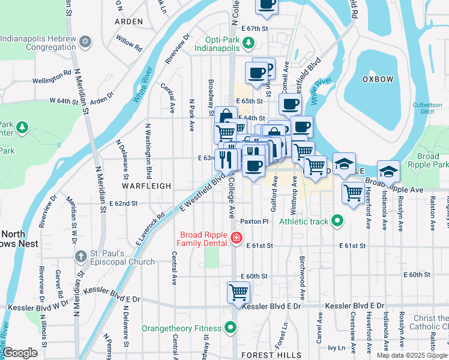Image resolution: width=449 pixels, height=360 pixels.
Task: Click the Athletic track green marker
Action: [337, 221]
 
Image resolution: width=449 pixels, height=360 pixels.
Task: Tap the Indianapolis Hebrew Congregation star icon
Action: [85, 41]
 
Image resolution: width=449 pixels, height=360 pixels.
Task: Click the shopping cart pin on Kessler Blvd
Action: [238, 293]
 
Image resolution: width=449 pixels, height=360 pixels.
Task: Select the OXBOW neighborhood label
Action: [378, 79]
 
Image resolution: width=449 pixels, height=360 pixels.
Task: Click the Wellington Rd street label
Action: [52, 79]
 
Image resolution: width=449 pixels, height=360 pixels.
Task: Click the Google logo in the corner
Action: [20, 353]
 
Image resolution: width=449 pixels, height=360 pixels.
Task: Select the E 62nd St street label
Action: [114, 204]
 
